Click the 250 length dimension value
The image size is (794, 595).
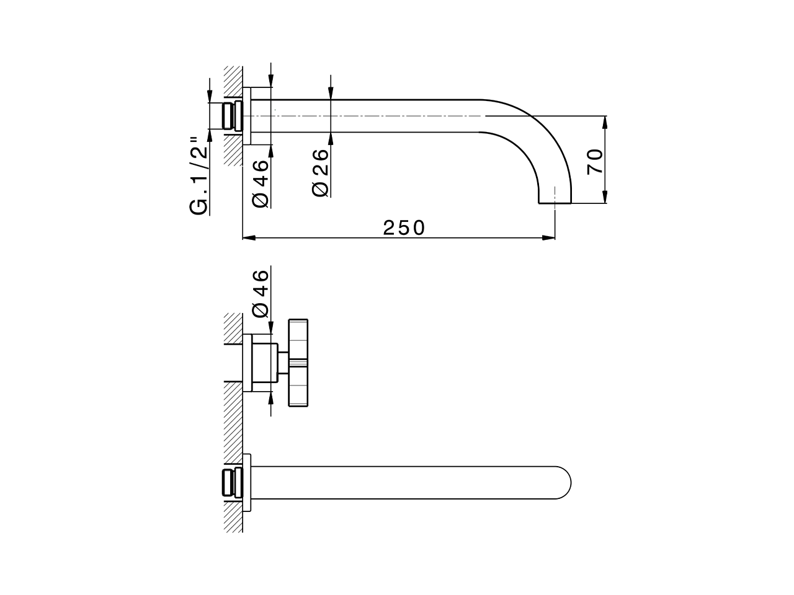coord(404,228)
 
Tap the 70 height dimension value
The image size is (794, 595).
coord(594,161)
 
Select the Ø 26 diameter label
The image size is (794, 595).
coord(321,173)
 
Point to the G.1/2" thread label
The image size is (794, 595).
coord(198,175)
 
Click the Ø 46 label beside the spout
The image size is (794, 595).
coord(261,183)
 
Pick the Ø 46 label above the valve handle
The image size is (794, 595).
coord(261,292)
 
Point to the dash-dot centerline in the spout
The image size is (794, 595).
coord(372,116)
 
